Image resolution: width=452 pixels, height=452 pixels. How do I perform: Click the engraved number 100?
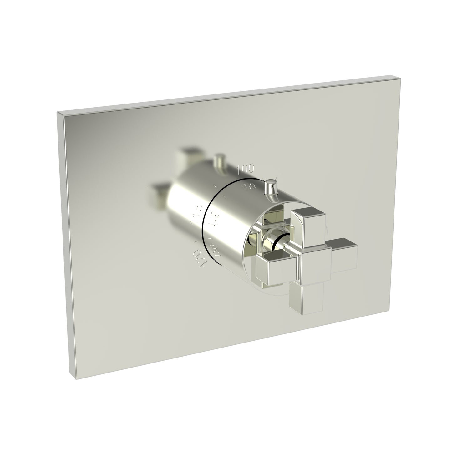click(x=247, y=169)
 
